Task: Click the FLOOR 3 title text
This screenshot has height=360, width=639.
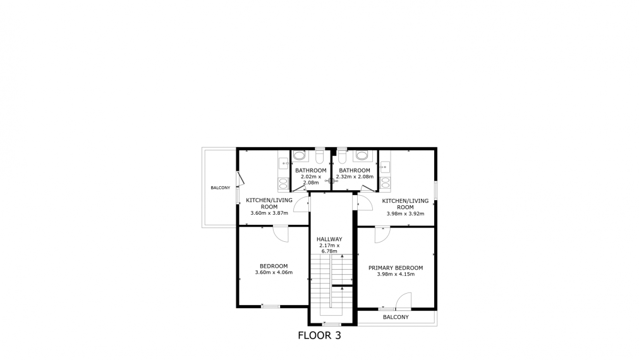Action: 319,335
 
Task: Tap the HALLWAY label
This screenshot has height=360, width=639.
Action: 329,239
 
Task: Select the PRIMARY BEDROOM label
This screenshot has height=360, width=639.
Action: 396,268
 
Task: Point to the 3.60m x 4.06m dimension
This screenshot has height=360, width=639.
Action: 274,273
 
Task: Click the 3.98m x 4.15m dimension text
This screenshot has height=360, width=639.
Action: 396,275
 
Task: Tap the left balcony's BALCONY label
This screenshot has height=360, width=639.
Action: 220,188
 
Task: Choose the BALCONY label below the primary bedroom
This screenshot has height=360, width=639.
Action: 396,317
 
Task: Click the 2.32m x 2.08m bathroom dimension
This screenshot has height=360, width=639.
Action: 354,177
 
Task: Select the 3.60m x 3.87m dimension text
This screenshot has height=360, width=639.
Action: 269,213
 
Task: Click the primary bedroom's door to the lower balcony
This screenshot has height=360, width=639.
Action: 403,300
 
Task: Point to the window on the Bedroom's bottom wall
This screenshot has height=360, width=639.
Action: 271,307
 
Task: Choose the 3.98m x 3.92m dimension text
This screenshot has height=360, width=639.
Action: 405,213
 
